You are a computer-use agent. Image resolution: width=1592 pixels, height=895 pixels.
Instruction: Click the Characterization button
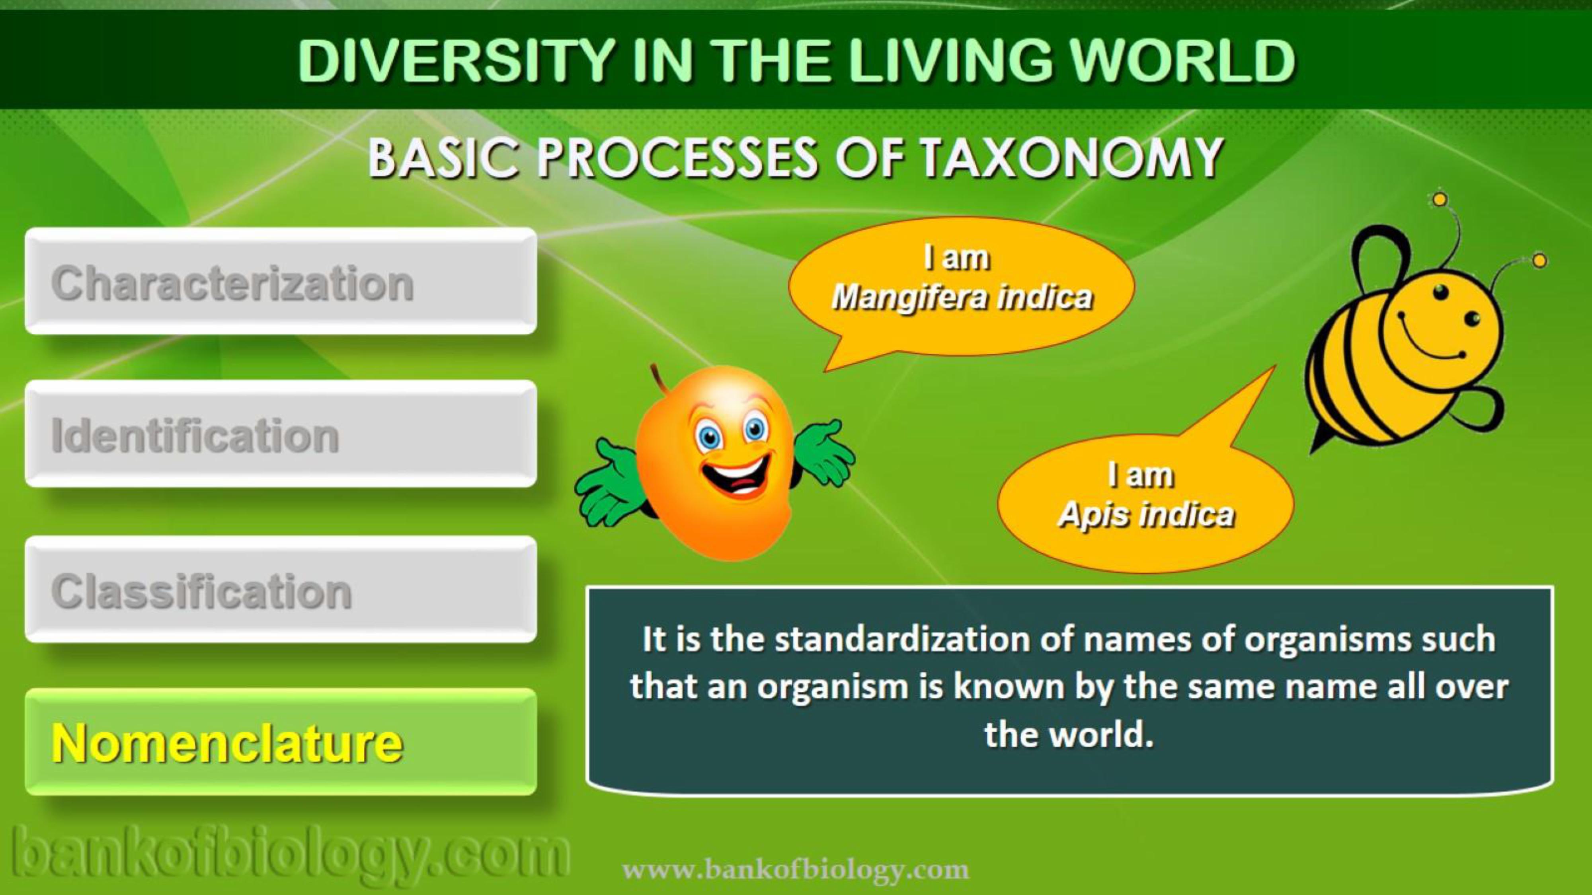click(x=281, y=281)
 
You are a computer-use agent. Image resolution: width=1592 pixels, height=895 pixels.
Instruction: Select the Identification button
click(x=281, y=434)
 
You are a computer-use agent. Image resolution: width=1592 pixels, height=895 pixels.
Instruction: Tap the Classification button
click(x=281, y=589)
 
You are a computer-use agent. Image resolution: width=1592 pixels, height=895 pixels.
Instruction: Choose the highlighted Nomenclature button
click(x=281, y=742)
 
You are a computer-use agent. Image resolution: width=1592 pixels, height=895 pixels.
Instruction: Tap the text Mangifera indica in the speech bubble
click(x=962, y=298)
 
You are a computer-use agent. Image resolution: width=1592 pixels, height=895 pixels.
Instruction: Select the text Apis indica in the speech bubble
click(x=1146, y=514)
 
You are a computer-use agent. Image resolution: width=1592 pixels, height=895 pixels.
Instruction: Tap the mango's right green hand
click(x=825, y=451)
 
